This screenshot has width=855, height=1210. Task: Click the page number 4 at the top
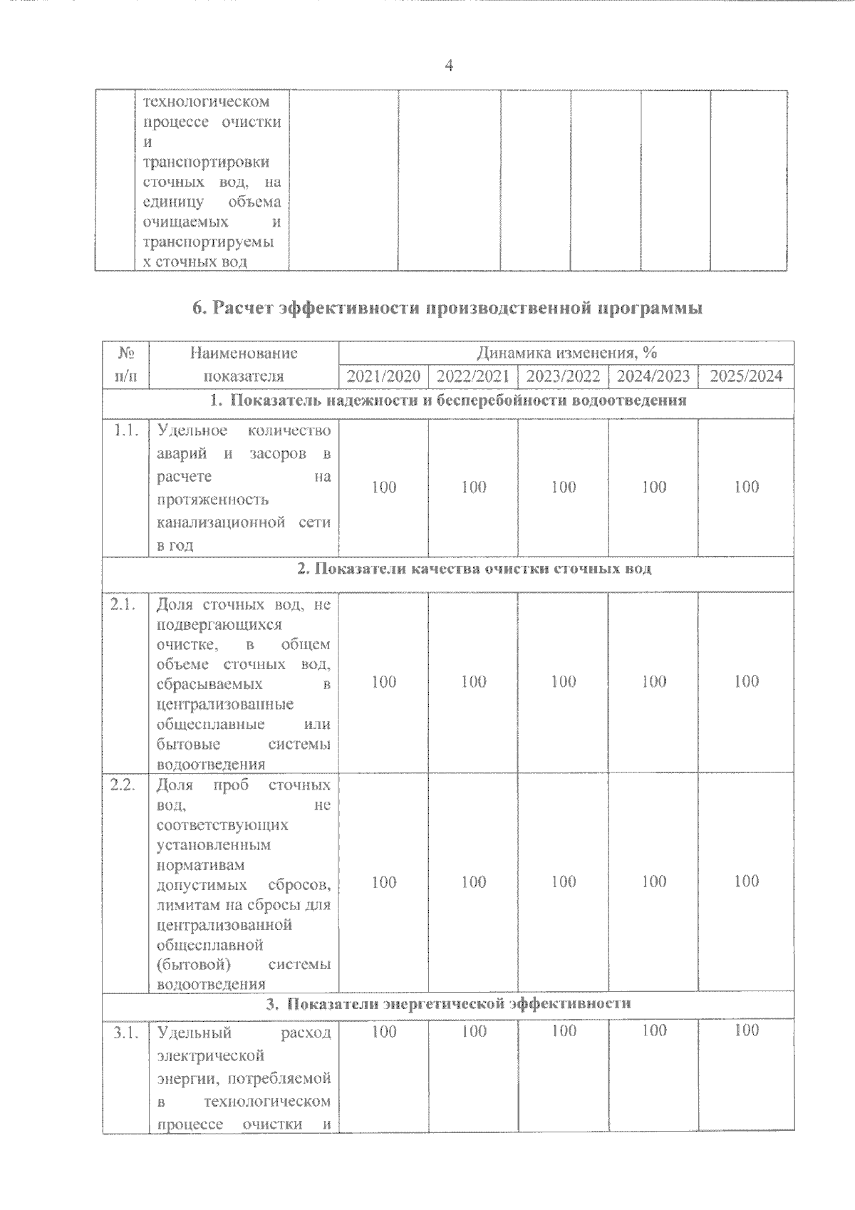448,66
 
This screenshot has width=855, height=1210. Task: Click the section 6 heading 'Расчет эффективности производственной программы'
447,309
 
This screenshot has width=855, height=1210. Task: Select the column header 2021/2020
383,376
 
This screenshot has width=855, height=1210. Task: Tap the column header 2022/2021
473,376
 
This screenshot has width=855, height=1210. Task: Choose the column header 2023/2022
563,376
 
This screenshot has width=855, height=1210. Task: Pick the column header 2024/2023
653,376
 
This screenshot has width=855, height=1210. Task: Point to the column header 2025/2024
746,376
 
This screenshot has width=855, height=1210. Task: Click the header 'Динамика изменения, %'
566,353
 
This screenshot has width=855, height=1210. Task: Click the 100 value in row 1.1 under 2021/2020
384,487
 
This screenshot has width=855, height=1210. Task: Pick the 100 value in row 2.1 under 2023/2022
564,682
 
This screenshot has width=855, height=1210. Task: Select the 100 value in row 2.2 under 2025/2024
746,881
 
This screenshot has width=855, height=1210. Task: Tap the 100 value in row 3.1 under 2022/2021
474,1031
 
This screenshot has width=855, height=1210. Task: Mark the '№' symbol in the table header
125,353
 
